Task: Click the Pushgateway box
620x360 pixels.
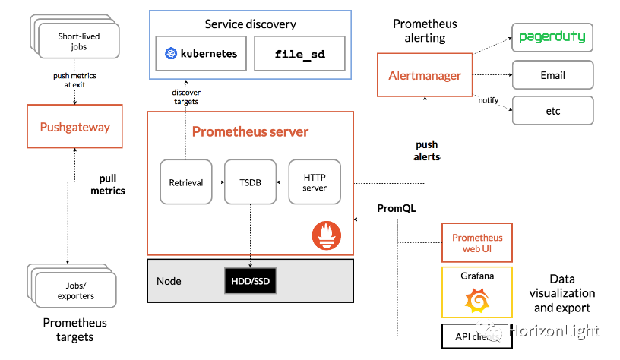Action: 75,127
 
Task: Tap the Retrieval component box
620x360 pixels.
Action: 185,182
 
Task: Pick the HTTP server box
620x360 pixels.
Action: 314,182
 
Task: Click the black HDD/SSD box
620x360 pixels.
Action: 251,281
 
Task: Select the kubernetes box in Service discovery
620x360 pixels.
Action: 201,54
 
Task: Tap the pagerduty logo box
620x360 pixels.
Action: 552,37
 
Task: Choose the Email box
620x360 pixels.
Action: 552,75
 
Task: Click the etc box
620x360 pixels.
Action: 552,111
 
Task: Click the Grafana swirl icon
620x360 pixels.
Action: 476,302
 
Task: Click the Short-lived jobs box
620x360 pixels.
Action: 78,41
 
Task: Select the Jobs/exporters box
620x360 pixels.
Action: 76,290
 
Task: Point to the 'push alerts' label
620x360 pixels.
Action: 427,150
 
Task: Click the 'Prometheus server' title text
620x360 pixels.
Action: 250,131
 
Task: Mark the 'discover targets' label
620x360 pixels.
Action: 185,96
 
